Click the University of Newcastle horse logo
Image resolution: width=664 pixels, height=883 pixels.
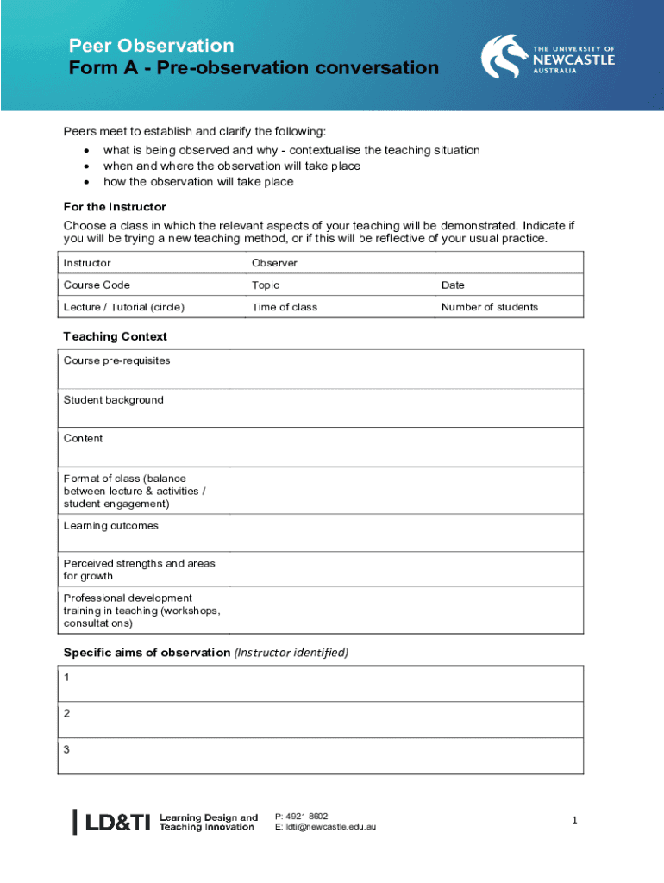tap(502, 57)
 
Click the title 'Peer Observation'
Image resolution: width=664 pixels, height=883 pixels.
tap(152, 46)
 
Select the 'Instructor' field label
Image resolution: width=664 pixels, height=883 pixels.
tap(87, 263)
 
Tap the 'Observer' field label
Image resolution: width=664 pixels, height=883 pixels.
tap(274, 263)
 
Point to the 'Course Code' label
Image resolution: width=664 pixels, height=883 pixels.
tap(97, 285)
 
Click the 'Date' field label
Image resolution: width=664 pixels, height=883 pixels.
tap(454, 285)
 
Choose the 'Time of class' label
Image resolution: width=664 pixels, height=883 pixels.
tap(285, 307)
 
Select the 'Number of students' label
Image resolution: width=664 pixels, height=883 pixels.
tap(489, 307)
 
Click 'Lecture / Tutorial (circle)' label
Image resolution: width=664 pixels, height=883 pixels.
tap(124, 307)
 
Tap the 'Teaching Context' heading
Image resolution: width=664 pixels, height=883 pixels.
tap(115, 336)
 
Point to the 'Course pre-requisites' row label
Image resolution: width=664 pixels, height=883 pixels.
tap(116, 360)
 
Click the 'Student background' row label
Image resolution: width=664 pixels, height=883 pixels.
tap(113, 400)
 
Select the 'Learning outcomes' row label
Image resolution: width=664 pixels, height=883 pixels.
tap(110, 526)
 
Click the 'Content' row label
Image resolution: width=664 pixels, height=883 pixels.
tap(83, 439)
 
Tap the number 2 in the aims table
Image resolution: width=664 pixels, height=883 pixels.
tap(67, 714)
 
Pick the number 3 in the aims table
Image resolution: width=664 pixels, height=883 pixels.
tap(67, 750)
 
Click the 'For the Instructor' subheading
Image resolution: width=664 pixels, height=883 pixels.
tap(115, 207)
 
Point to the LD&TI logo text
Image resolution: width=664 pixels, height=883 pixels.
tap(118, 823)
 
